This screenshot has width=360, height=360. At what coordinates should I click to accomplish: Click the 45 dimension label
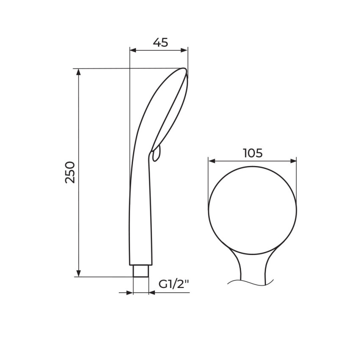(161, 42)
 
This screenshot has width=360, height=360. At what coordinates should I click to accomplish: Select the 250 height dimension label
(70, 172)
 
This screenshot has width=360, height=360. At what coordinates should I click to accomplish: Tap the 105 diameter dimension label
(252, 153)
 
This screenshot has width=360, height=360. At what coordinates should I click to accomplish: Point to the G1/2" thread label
(174, 285)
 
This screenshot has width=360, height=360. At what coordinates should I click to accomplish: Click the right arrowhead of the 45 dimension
(184, 50)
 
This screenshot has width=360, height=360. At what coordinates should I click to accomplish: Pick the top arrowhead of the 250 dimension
(78, 72)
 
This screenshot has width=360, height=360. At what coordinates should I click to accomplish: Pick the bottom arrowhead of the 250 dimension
(78, 273)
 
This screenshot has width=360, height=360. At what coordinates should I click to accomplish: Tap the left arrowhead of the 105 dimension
(212, 161)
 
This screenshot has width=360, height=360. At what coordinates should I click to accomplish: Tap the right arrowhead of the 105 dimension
(293, 161)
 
